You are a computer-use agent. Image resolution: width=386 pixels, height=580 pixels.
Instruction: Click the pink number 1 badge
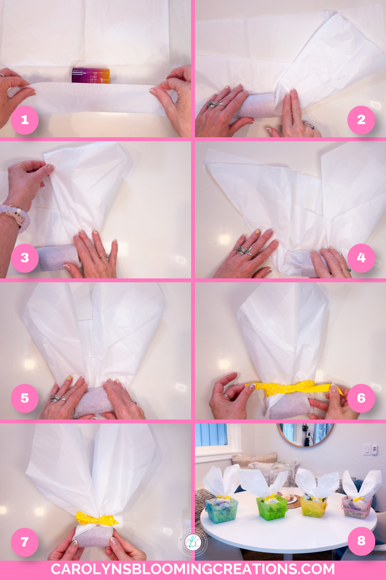(x=25, y=120)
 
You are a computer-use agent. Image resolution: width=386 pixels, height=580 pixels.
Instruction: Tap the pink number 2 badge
(x=361, y=120)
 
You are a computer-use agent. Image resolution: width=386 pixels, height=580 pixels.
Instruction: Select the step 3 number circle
(x=25, y=258)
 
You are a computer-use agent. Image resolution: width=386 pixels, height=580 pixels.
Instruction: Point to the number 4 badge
(x=361, y=258)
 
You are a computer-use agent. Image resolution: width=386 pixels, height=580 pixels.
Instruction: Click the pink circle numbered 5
(x=25, y=398)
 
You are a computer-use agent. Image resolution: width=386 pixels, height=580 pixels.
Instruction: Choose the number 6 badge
(x=361, y=398)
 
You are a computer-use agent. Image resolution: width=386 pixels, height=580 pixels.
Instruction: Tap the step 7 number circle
(x=25, y=542)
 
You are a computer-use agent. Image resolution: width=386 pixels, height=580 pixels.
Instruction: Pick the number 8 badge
(x=361, y=541)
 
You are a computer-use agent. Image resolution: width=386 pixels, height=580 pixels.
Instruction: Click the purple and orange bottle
(x=91, y=75)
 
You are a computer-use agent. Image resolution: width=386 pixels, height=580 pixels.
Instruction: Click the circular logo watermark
(x=193, y=542)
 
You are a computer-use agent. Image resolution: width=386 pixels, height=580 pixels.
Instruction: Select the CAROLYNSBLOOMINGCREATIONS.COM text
(x=193, y=570)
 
